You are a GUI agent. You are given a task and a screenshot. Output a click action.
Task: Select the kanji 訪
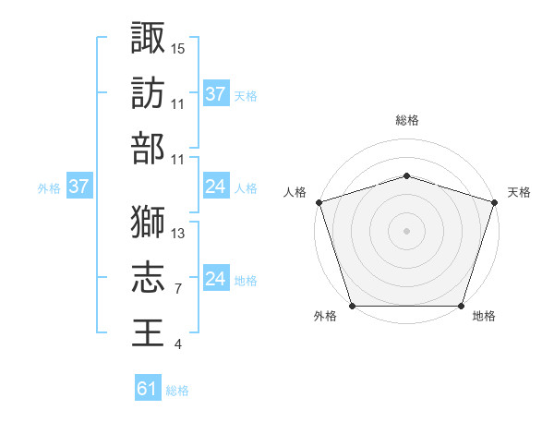point(148,92)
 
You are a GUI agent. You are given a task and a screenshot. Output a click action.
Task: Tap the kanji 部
point(148,148)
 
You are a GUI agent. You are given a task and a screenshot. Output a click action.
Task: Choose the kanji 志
point(148,277)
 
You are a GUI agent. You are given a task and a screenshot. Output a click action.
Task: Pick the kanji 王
point(148,332)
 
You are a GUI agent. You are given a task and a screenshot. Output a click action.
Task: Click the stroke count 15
point(178,47)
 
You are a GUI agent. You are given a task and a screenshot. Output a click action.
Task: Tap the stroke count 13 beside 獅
point(178,233)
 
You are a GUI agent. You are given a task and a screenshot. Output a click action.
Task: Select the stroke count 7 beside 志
point(177,289)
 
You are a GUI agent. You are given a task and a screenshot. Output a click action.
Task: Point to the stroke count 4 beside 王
point(177,344)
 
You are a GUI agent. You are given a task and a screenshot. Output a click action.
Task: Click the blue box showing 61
point(148,390)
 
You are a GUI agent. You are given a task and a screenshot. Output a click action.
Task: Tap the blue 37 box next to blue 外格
point(78,187)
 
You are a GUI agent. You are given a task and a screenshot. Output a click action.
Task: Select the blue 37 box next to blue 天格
point(215,94)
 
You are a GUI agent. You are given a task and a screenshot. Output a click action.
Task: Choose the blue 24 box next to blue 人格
point(215,187)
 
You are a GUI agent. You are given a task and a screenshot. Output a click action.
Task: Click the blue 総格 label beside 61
point(177,391)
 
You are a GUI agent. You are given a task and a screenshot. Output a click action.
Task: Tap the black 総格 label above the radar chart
point(406,120)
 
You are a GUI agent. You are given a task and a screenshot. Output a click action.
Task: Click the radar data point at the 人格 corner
point(319,202)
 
